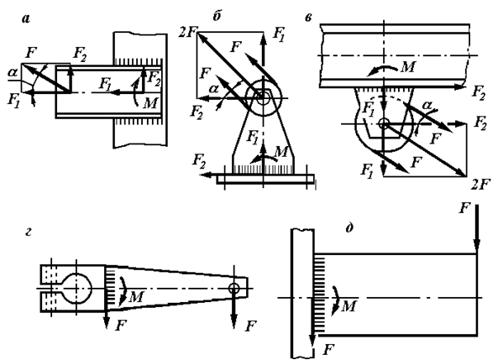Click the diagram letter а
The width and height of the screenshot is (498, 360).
coord(26,19)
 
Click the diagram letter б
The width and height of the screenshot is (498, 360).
coord(217,17)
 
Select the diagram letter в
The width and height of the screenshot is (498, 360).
coord(308,18)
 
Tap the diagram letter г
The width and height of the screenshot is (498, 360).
coord(29,233)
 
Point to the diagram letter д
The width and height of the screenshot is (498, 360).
coord(349,228)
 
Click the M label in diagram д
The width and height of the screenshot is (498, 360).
coord(349,306)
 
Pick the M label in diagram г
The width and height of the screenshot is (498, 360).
coord(136,297)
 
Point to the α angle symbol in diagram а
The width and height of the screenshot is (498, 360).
coord(13,73)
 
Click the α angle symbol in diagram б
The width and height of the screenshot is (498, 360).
coord(214,89)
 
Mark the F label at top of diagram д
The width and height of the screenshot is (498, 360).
coord(464,209)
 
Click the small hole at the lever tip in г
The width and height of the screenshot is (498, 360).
coord(234,289)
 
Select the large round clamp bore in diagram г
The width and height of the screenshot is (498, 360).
coord(76,288)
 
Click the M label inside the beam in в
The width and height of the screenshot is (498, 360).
coord(408,67)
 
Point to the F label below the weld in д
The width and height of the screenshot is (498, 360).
coord(328,350)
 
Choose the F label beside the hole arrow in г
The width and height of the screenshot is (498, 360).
coord(250,326)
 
